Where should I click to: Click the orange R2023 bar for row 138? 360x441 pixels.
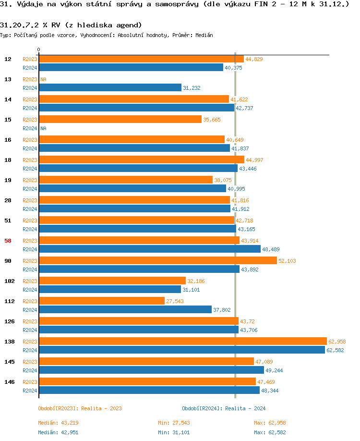[182, 341]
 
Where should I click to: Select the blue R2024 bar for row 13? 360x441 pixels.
[110, 87]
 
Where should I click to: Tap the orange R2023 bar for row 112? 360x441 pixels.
[101, 301]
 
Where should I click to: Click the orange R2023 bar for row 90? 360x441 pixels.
[158, 260]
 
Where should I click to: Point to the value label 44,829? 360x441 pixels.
[254, 59]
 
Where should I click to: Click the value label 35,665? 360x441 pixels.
[212, 120]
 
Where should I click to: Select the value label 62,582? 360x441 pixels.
[336, 350]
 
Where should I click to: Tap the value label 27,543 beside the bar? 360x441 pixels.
[175, 301]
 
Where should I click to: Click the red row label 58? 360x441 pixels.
[8, 241]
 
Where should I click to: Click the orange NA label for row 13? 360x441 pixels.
[43, 79]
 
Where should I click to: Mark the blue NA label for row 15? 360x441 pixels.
[43, 128]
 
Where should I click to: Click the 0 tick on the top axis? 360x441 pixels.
[38, 49]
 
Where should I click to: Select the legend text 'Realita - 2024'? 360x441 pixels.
[245, 408]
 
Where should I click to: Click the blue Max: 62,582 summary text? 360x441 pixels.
[270, 432]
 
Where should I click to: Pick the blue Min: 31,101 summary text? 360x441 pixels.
[174, 432]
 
